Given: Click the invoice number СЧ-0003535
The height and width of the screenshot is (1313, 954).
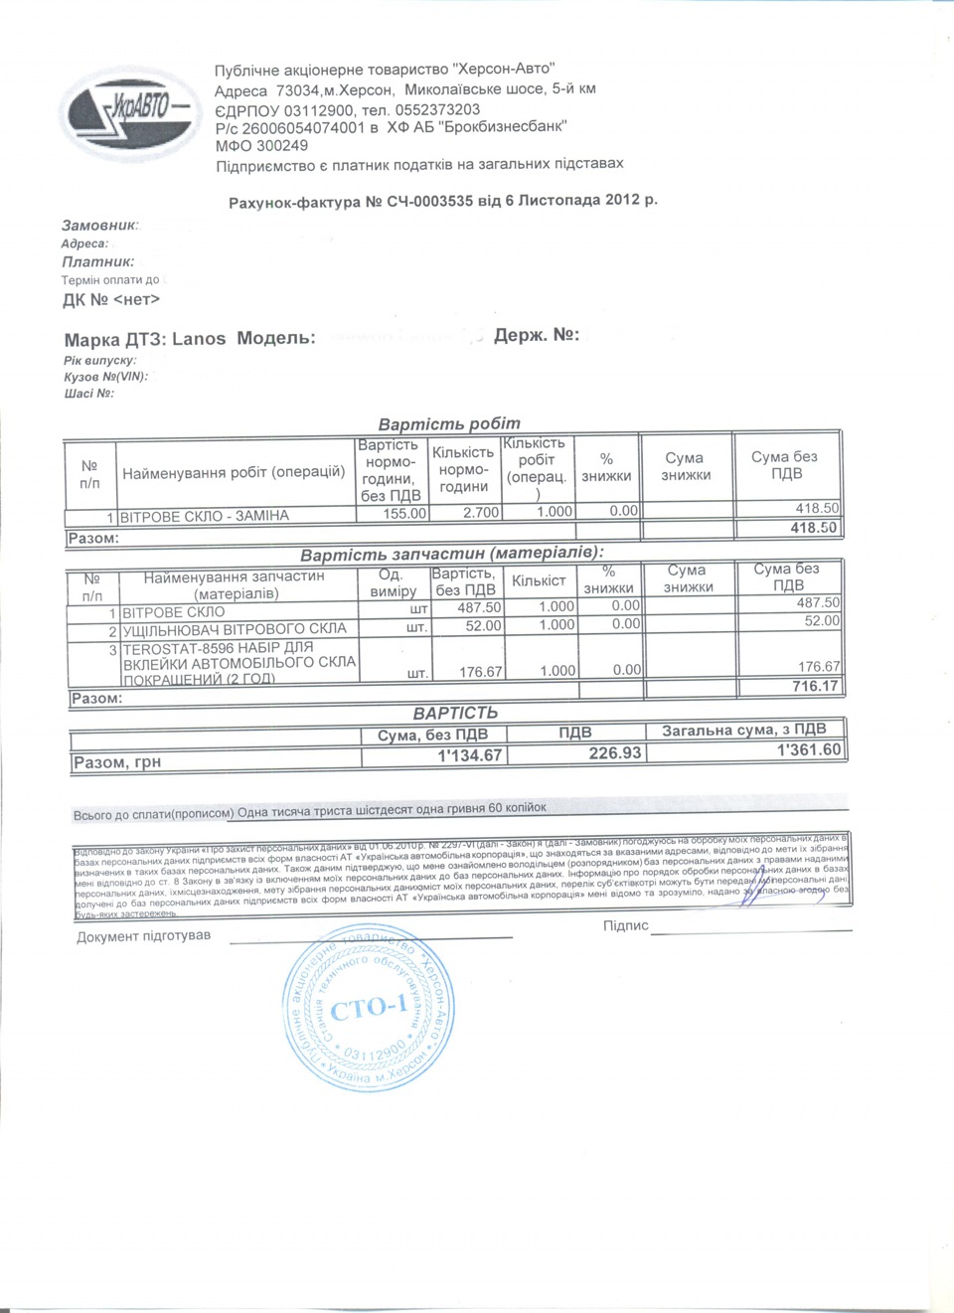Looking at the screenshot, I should point(430,202).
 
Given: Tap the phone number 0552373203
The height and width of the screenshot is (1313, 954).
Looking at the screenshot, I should point(437,109).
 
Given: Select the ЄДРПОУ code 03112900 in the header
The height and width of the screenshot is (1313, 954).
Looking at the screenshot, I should point(319,109).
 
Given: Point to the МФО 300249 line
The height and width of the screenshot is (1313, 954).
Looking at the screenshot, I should point(261,145).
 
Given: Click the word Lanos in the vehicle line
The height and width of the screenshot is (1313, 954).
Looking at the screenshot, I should point(199,338).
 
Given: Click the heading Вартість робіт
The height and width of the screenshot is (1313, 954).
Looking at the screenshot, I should point(449,423).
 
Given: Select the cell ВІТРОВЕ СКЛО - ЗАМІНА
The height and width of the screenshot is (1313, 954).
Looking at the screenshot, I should point(205,516).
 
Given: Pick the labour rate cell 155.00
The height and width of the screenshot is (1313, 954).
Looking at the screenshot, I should point(404,514).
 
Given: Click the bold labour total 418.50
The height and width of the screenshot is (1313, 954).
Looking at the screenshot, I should point(813,528).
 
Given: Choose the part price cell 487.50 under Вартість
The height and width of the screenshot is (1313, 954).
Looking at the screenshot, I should point(479,606).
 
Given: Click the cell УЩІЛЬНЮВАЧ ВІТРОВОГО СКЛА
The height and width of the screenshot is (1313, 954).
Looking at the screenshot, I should point(235,628).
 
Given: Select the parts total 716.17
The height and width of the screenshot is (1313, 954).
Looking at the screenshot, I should point(815,686).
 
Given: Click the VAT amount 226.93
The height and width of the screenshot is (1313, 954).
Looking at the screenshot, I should point(614,753).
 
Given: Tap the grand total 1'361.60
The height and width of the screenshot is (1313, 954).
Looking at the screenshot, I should point(808,750).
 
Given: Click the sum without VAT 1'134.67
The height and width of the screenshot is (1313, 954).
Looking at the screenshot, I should point(470,755).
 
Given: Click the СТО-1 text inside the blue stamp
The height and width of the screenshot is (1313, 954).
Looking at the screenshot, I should point(368,1009).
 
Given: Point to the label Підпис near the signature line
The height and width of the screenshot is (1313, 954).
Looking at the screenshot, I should point(625,925).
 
